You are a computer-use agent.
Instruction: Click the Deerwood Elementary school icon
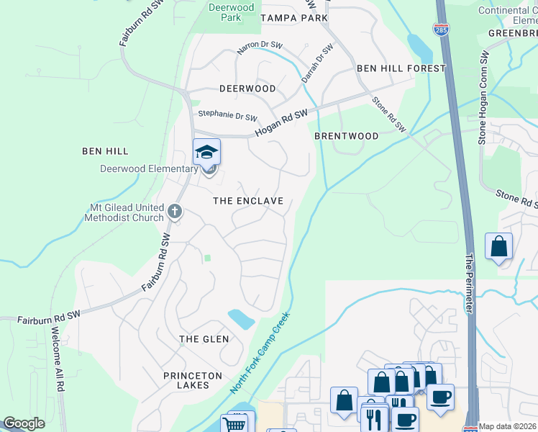206,152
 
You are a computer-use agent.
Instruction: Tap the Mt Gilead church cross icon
174,212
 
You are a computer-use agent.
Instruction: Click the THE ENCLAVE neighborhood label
248,201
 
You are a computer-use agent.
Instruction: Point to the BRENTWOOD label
347,136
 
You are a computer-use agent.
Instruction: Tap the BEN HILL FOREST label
401,68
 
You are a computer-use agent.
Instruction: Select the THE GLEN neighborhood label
204,339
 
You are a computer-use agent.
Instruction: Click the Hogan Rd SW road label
281,123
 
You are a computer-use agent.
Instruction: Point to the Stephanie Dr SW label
227,114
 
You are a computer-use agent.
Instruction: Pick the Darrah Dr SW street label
317,63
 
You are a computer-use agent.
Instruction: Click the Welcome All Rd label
55,360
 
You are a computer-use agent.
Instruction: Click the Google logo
24,423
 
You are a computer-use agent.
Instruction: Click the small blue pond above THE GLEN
240,318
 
